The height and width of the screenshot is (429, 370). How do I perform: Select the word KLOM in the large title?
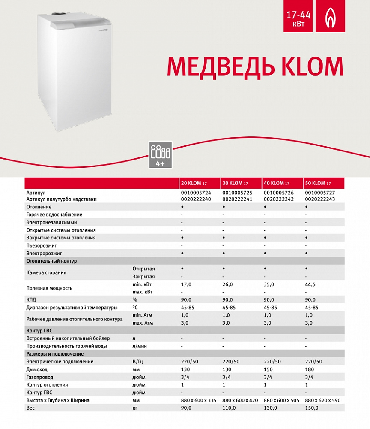pos(311,66)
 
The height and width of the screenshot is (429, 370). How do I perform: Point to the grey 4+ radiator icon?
pos(160,154)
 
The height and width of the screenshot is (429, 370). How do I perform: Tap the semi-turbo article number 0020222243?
pos(320,199)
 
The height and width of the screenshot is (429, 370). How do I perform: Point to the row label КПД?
pos(31,300)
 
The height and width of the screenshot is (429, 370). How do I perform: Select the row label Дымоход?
pos(37,369)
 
